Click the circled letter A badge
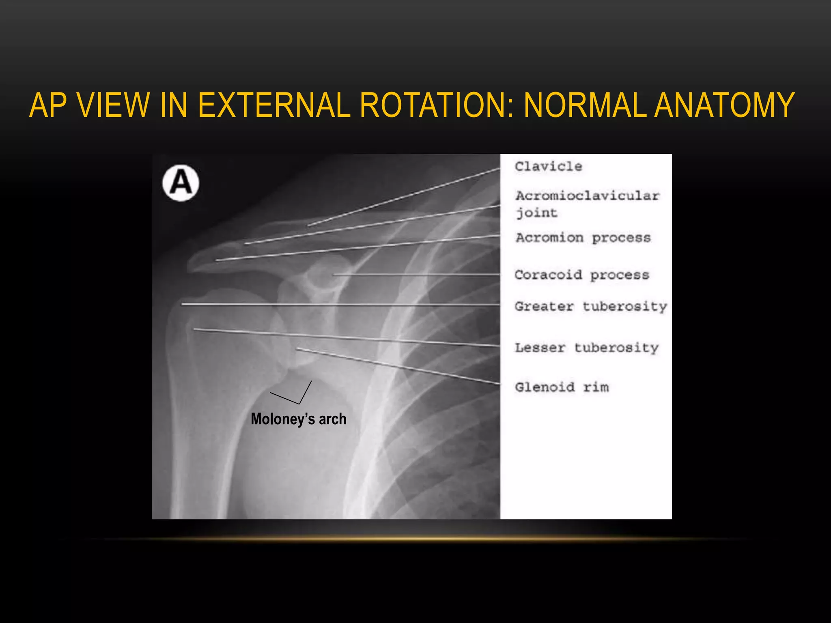point(181,183)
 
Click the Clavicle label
point(548,166)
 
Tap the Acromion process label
point(583,238)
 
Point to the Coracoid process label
point(581,275)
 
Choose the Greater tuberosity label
point(590,307)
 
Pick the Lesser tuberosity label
point(586,348)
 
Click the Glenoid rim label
point(562,387)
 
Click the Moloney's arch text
point(299,419)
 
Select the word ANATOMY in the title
point(724,105)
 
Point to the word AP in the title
point(48,105)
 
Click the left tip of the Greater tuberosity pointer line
point(182,303)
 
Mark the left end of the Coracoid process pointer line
point(334,275)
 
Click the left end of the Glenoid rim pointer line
point(297,348)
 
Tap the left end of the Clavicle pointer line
point(308,226)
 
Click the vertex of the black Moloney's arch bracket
point(299,404)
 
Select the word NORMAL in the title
point(585,105)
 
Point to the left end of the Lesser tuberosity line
point(194,329)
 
